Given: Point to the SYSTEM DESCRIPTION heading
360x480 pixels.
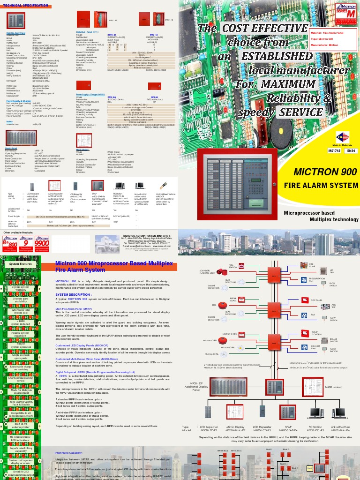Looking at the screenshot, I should coord(74,294).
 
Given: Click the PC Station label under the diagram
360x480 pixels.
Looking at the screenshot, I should coord(315,427).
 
